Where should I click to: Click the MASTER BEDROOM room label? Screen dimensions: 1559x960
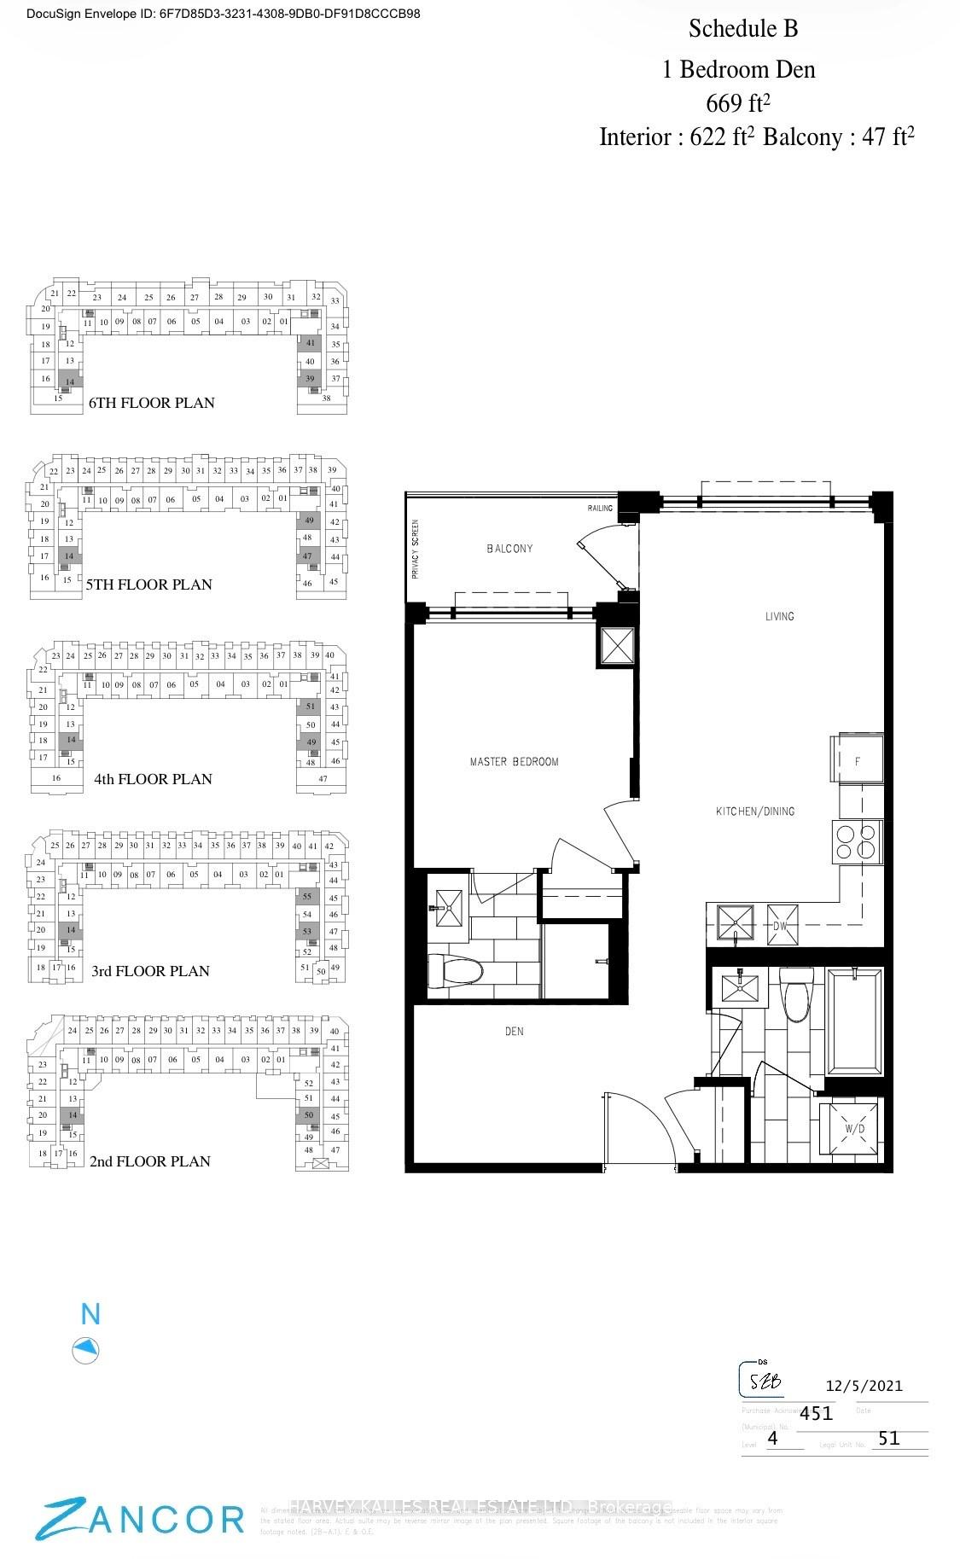(x=514, y=762)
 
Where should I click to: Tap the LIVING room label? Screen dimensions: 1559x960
(x=779, y=616)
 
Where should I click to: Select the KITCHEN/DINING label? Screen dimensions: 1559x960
(x=755, y=811)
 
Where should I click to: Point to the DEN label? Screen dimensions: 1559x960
(x=514, y=1032)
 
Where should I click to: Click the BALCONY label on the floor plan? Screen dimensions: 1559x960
(x=509, y=549)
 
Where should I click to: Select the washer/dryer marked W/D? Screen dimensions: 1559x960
(x=853, y=1129)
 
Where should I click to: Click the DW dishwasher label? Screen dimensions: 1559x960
(x=780, y=927)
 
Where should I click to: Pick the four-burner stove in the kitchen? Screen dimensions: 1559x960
(x=857, y=842)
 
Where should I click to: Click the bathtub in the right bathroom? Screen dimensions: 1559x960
(x=855, y=1021)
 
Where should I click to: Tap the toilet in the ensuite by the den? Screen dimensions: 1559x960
(x=455, y=970)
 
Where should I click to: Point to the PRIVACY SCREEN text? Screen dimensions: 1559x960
(x=416, y=550)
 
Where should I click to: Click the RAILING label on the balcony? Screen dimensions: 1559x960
(x=600, y=509)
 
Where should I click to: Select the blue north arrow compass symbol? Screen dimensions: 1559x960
(x=86, y=1350)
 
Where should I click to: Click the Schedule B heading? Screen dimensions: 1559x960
(x=743, y=29)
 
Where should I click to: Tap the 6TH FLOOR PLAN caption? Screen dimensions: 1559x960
(x=151, y=403)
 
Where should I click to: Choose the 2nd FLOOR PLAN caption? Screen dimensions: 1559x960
(x=149, y=1161)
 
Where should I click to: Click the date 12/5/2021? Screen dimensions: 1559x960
(x=864, y=1387)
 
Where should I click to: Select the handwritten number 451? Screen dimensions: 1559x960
(x=816, y=1413)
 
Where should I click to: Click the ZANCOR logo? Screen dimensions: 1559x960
(x=141, y=1520)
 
